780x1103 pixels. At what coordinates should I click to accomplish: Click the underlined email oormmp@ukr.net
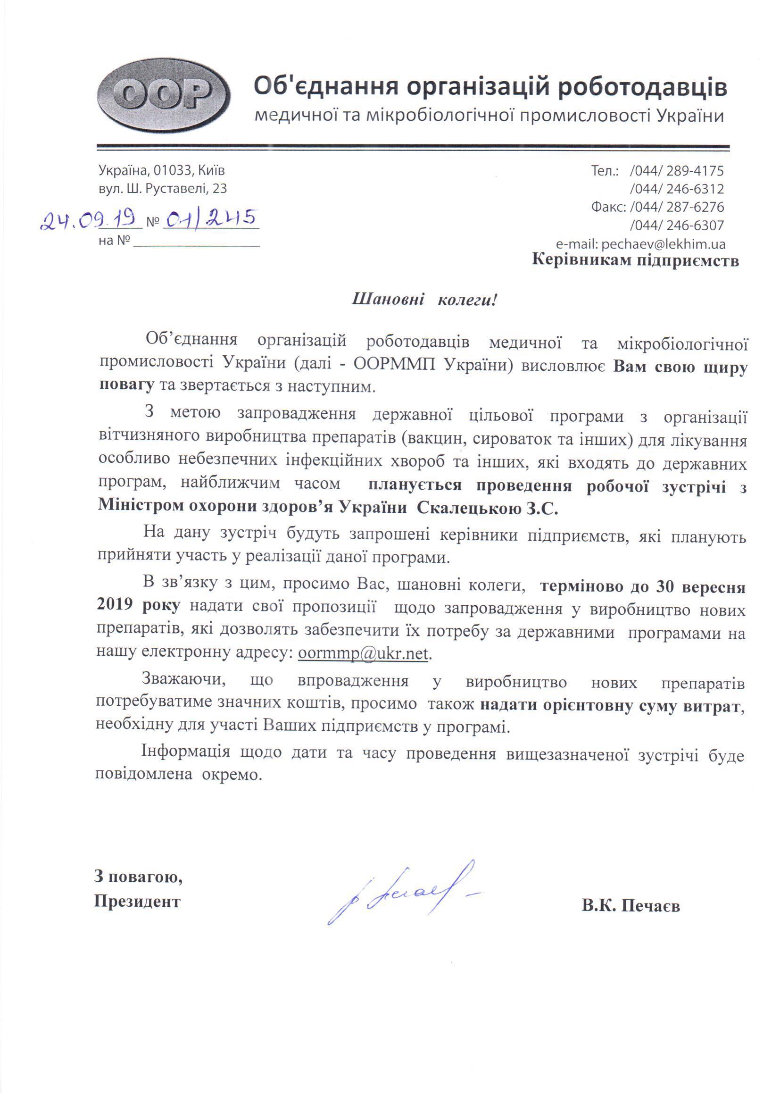(x=363, y=654)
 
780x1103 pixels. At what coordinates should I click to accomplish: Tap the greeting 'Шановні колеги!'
(x=424, y=301)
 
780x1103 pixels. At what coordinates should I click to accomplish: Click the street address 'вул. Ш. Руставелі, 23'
(x=162, y=188)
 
